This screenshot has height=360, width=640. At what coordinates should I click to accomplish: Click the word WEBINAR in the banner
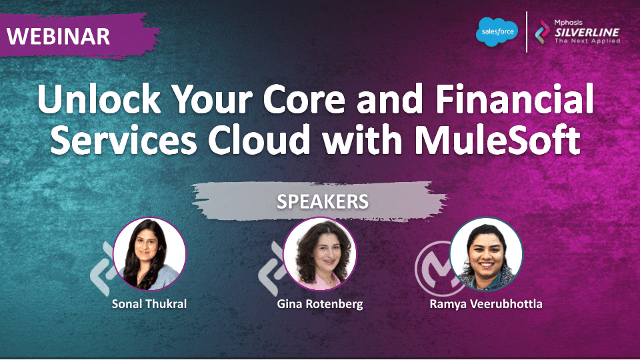[x=59, y=36]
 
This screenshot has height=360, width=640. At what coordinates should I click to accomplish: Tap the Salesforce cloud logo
[x=497, y=32]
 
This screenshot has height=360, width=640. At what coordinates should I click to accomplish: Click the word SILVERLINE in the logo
[x=587, y=32]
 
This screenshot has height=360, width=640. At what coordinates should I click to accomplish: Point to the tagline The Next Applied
[x=587, y=41]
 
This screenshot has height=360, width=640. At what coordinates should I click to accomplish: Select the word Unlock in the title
[x=99, y=99]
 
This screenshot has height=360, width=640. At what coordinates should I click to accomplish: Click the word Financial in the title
[x=515, y=99]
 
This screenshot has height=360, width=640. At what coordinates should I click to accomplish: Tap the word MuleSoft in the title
[x=497, y=139]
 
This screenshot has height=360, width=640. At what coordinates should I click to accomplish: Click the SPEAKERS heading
[x=323, y=201]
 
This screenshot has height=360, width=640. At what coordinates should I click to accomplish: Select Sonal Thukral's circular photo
[x=149, y=254]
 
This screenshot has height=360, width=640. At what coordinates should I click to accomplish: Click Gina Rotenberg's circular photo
[x=319, y=254]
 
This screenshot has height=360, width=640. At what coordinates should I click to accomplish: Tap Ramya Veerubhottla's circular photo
[x=486, y=254]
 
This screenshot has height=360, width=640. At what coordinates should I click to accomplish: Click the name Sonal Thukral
[x=149, y=304]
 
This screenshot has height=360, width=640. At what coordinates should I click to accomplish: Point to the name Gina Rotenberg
[x=319, y=305]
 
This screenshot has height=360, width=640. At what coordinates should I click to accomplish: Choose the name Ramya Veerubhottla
[x=486, y=305]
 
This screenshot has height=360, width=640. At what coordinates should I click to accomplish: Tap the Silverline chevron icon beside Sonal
[x=101, y=269]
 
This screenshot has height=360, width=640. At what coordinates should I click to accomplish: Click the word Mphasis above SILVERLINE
[x=568, y=23]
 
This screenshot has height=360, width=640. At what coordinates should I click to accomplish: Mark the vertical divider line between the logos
[x=527, y=32]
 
